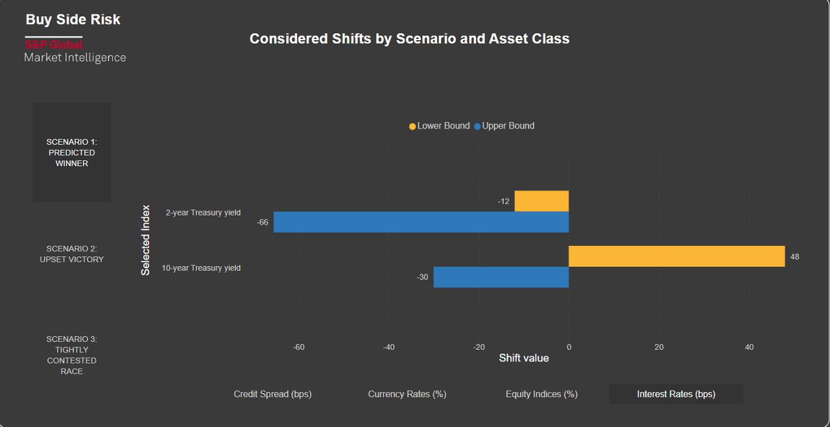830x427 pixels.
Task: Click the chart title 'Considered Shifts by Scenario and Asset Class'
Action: coord(409,39)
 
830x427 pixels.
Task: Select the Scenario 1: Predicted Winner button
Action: coord(71,152)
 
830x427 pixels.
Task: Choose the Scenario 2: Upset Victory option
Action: coord(71,254)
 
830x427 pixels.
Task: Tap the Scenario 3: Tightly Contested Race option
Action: coord(71,355)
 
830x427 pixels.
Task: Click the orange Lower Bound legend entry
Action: coord(439,126)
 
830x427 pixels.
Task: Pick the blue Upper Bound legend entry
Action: coord(504,126)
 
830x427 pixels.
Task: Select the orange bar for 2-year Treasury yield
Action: coord(541,201)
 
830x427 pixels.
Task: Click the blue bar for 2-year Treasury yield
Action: coord(421,222)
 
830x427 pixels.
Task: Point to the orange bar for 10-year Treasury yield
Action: coord(676,256)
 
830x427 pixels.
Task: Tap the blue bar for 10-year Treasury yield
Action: coord(501,277)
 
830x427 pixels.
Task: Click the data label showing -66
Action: coord(263,223)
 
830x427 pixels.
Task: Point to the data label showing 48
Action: coord(794,257)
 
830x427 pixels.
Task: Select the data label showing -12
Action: coord(503,202)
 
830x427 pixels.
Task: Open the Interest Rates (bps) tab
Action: coord(676,394)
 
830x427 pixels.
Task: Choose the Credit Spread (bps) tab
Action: coord(272,394)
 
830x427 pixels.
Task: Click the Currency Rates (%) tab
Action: coord(407,394)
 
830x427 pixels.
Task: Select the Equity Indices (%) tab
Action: coord(541,394)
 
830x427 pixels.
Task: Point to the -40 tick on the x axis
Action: coord(388,347)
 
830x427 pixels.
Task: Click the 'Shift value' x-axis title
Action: coord(523,358)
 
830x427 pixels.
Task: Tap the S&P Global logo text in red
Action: coord(54,45)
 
